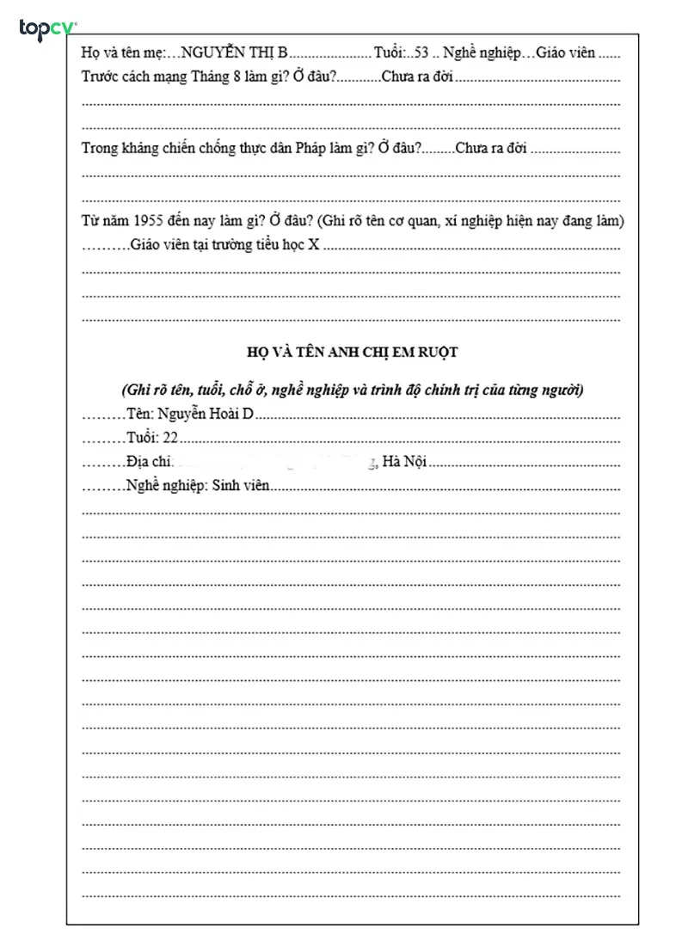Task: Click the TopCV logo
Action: tap(48, 29)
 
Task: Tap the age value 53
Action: tap(421, 53)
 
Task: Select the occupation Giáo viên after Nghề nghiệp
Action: tap(565, 53)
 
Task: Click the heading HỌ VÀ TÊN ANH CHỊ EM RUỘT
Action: tap(352, 352)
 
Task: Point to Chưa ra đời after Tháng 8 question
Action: tap(417, 77)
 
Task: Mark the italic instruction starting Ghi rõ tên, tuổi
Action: tap(352, 390)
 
